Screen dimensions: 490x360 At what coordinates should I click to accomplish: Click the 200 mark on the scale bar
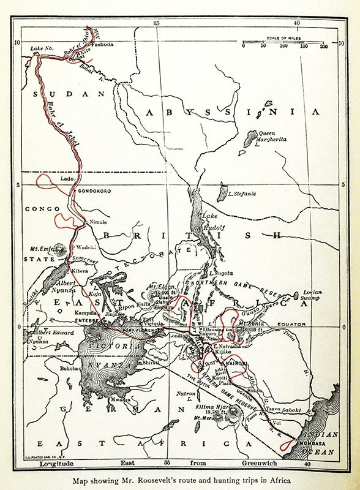(323, 47)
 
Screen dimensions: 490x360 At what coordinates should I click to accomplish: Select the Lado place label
(67, 179)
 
